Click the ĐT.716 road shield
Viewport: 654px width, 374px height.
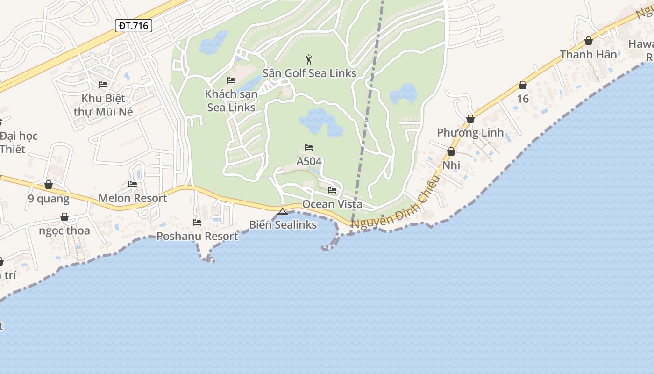tap(134, 26)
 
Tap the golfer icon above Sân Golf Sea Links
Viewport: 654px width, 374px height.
tap(308, 59)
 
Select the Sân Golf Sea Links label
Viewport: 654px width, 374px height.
tap(309, 73)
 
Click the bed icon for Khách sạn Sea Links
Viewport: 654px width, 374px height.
tap(231, 80)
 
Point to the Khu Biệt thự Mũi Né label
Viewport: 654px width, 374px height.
tap(103, 105)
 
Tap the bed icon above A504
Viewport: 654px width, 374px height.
tap(309, 148)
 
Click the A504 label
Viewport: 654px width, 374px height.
tap(309, 161)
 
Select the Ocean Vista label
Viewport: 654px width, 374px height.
tap(332, 204)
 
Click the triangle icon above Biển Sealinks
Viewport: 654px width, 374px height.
tap(283, 212)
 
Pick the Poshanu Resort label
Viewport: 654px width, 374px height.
tap(197, 236)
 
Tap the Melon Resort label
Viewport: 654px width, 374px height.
tap(133, 198)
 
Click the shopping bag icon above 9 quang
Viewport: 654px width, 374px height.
tap(49, 185)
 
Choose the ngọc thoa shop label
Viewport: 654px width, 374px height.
tap(64, 231)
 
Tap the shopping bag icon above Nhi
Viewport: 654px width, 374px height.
tap(451, 152)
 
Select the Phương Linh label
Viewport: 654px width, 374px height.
tap(470, 133)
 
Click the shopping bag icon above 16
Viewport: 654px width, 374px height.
tap(523, 86)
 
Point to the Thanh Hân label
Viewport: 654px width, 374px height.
tap(589, 55)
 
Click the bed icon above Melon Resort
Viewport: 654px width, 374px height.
tap(133, 184)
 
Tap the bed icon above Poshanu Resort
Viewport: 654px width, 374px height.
tap(197, 223)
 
